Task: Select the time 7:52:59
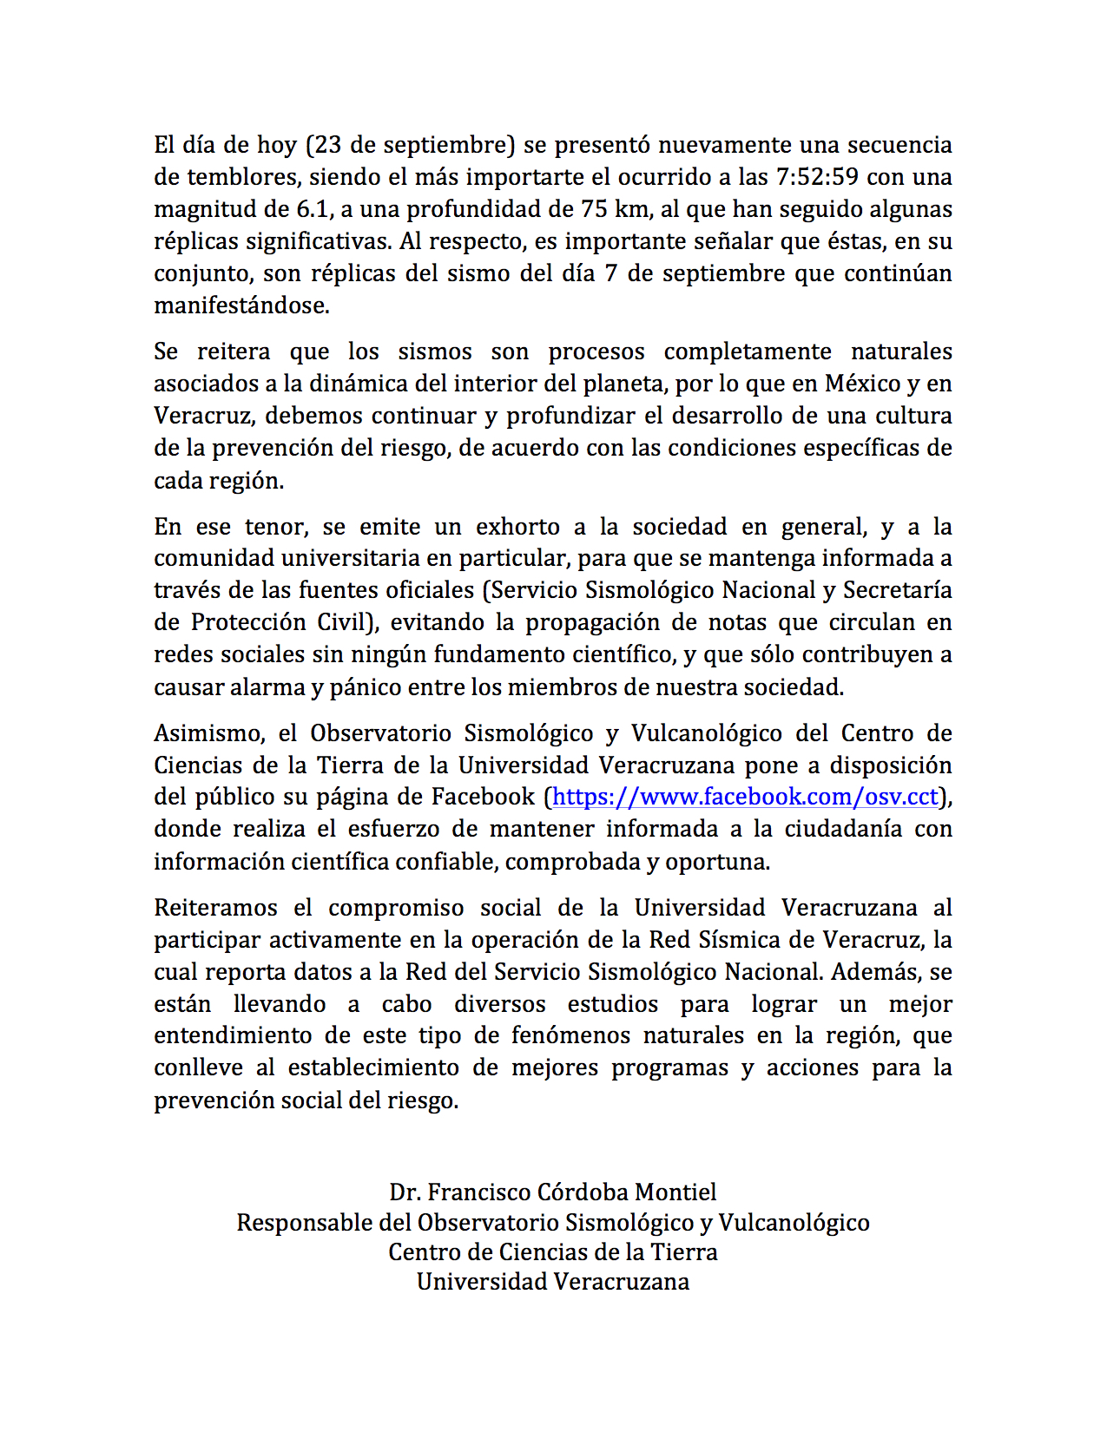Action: tap(817, 177)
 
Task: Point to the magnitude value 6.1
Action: tap(323, 209)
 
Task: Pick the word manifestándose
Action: tap(241, 305)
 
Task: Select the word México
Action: tap(863, 384)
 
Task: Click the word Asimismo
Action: tap(208, 733)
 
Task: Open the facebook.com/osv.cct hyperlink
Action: tap(745, 797)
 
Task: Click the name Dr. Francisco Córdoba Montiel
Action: tap(553, 1192)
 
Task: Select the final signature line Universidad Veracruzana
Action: tap(553, 1282)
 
